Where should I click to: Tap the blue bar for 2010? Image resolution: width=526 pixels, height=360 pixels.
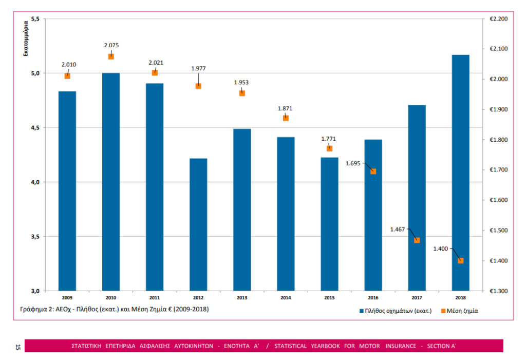pos(111,182)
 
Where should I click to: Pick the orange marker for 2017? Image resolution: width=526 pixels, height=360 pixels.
pos(417,240)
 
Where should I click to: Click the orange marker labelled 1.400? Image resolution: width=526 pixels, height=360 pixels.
pos(461,260)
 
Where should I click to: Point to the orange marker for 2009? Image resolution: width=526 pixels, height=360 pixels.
pos(67,76)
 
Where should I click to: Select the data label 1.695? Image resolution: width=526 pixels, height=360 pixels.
pos(353,163)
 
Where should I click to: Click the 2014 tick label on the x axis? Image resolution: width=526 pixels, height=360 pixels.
pos(286,298)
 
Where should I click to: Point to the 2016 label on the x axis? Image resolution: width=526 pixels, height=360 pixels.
pos(373,298)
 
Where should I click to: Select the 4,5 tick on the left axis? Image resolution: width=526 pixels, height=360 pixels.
pos(35,128)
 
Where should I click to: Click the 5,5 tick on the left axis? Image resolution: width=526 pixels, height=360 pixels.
pos(35,19)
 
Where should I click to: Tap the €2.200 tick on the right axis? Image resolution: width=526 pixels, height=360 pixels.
pos(498,19)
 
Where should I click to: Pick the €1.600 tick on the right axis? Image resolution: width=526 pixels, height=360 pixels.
pos(498,200)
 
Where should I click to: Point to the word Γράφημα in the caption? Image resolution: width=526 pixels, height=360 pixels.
pos(32,309)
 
